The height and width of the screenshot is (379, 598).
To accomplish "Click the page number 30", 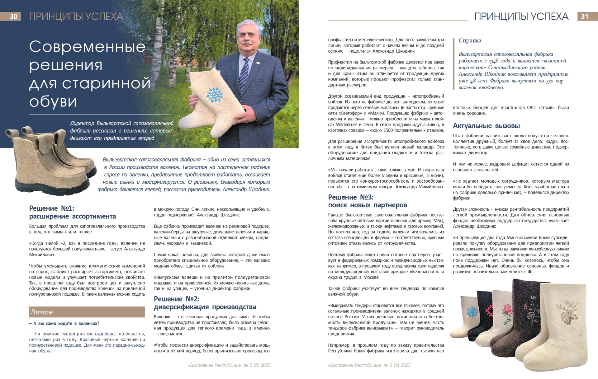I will (x=13, y=16).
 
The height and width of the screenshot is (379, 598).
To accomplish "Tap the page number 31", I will (x=584, y=16).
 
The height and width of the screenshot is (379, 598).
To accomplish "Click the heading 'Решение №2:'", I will (x=176, y=299).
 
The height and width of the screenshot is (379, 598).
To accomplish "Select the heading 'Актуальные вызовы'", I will (x=486, y=126).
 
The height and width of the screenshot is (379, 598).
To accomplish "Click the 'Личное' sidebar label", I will (x=42, y=312).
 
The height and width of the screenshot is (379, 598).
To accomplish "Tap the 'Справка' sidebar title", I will (x=470, y=40).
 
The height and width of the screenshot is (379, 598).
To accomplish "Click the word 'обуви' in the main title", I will (x=53, y=101).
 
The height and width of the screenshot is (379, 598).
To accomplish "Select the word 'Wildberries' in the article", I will (x=349, y=124).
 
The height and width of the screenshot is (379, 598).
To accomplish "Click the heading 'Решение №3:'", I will (x=350, y=197).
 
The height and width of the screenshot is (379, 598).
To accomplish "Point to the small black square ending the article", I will (x=530, y=272).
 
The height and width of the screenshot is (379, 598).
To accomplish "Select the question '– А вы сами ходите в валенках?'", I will (x=64, y=324).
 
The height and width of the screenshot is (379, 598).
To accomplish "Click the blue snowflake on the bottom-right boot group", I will (x=472, y=312).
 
